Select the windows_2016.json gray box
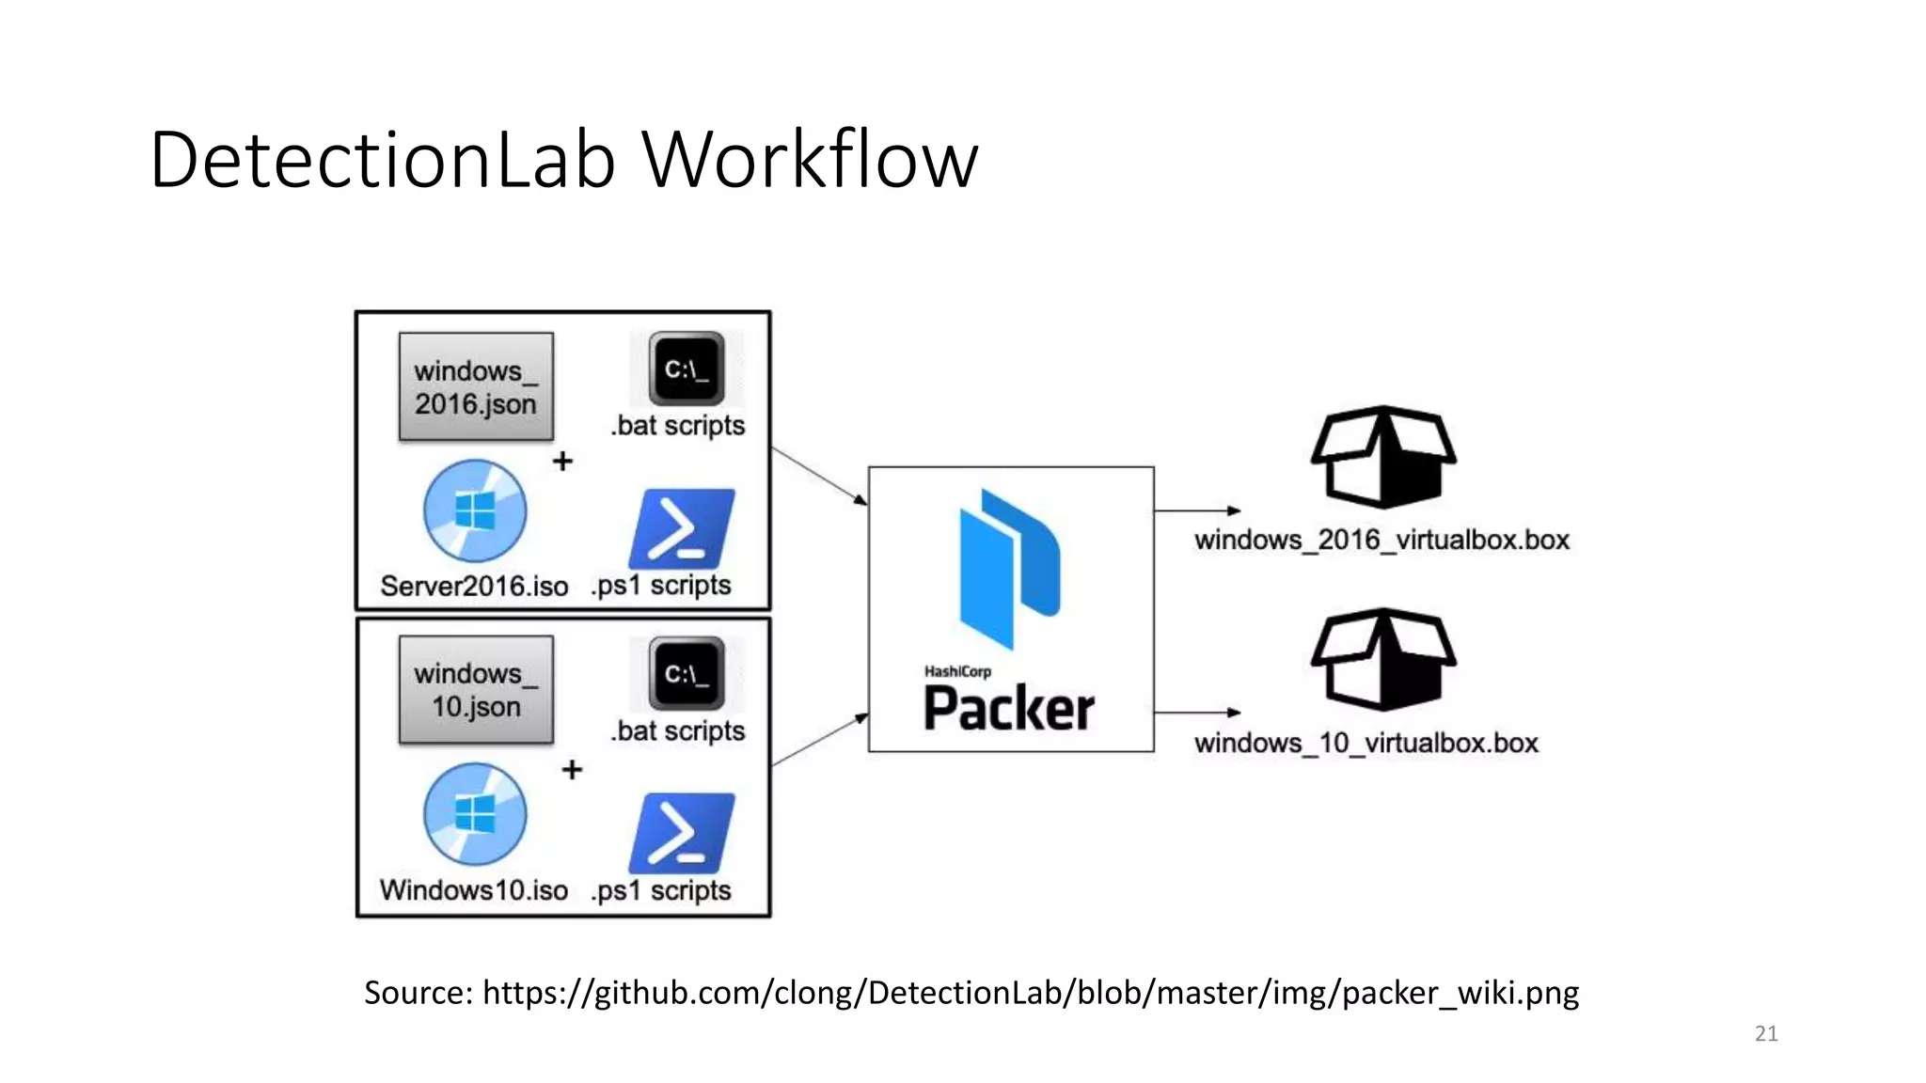476,386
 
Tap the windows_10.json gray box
476,690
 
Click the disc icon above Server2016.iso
475,511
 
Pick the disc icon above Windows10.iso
475,814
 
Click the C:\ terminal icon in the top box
687,369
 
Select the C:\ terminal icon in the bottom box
687,673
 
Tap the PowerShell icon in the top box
682,528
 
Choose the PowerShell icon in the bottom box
682,833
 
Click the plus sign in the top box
562,461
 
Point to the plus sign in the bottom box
572,769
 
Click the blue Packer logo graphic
1009,568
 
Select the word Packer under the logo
1009,709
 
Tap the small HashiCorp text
957,671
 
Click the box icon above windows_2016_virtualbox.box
1383,457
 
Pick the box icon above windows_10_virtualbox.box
1383,659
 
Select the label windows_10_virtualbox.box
1366,743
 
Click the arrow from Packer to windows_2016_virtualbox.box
1197,510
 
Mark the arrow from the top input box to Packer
819,476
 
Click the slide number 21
1766,1033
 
